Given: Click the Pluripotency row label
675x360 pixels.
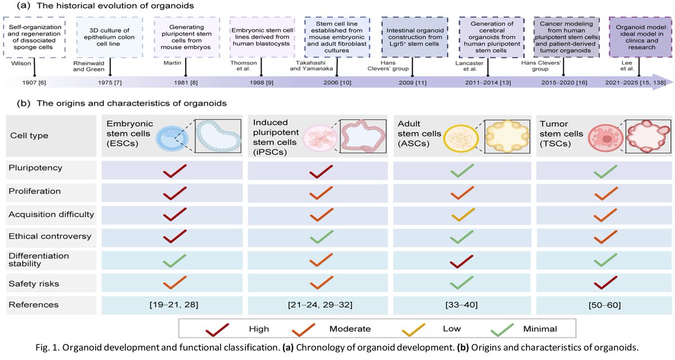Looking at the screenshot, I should click(34, 168).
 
